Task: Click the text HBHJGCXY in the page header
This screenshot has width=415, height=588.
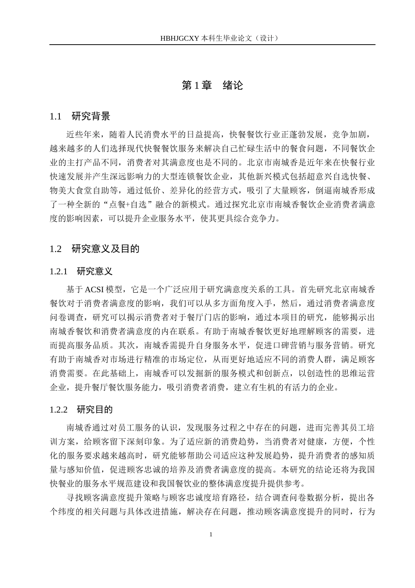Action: point(180,38)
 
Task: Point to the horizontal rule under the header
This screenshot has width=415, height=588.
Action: point(212,45)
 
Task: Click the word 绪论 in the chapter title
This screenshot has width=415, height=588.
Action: point(232,85)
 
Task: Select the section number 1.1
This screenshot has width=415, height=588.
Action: point(55,116)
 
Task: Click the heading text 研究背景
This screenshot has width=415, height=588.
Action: point(91,116)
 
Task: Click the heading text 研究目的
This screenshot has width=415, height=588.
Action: point(95,410)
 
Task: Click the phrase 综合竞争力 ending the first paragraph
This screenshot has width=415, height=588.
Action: point(254,218)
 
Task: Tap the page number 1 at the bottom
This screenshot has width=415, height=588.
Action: point(211,535)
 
